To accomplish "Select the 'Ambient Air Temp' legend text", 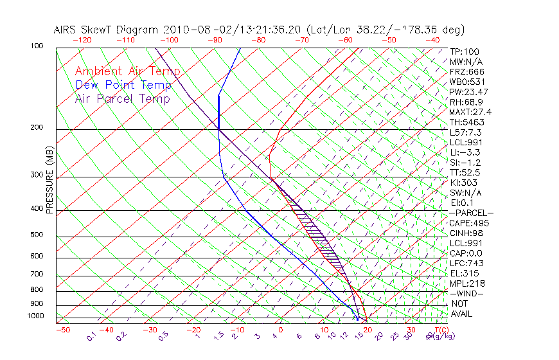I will pos(127,71).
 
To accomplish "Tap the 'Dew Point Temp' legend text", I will pos(123,85).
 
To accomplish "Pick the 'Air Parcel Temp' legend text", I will pos(122,98).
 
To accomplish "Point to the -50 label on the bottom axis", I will pos(62,330).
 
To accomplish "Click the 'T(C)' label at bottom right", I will pos(440,330).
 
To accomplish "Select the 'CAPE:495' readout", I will pos(469,223).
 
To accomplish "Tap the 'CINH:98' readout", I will pos(467,233).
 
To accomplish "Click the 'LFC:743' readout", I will pos(467,264).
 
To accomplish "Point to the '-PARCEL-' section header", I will pos(471,213).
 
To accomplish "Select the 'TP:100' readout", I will pos(465,52).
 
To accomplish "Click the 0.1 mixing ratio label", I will pos(91,336).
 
